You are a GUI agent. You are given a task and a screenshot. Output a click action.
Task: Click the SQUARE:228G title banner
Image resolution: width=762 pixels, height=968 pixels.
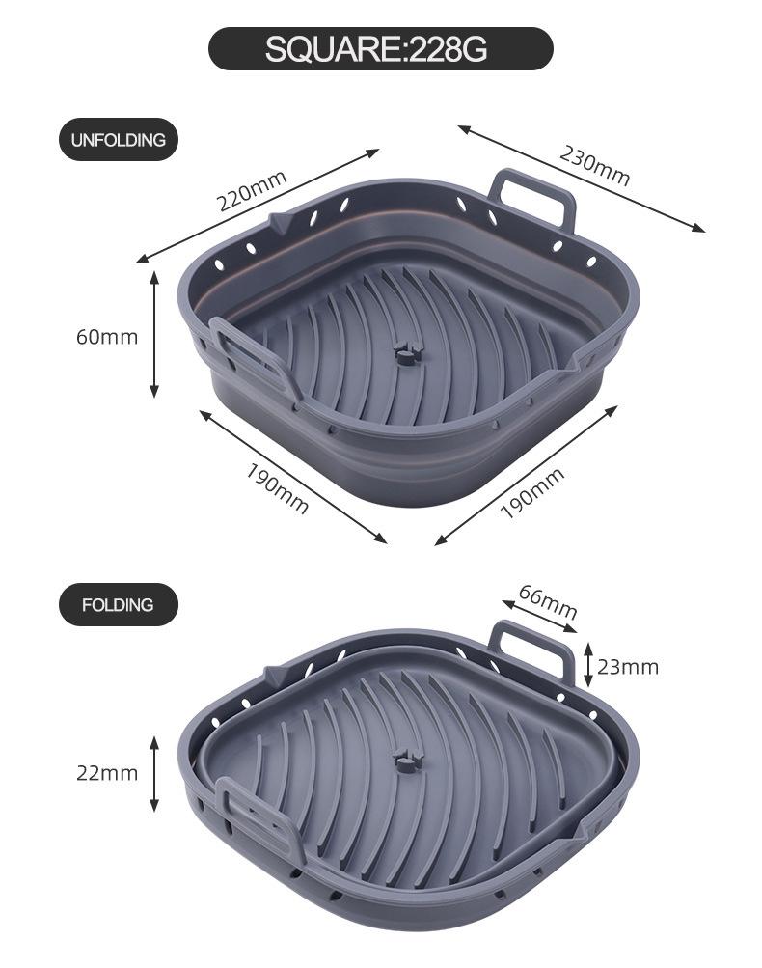380,48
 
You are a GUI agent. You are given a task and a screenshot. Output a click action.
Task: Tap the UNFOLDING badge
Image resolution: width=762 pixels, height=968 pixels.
118,140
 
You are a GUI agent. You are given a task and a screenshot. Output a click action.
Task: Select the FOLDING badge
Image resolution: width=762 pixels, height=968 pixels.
118,605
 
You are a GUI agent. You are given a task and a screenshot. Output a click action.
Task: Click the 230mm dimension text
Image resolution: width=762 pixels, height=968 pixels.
594,165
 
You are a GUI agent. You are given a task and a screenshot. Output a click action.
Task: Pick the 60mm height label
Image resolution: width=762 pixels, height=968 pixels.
107,337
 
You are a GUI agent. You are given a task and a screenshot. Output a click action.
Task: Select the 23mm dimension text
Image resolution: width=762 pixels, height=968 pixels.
627,667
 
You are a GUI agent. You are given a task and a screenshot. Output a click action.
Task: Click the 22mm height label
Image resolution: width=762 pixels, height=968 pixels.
107,773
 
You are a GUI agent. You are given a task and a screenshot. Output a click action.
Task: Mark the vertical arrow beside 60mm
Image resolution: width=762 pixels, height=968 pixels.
154,334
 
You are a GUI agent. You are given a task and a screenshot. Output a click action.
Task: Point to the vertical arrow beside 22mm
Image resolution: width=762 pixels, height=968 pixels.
154,773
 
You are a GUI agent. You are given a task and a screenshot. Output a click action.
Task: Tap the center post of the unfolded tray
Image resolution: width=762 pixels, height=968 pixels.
406,354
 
